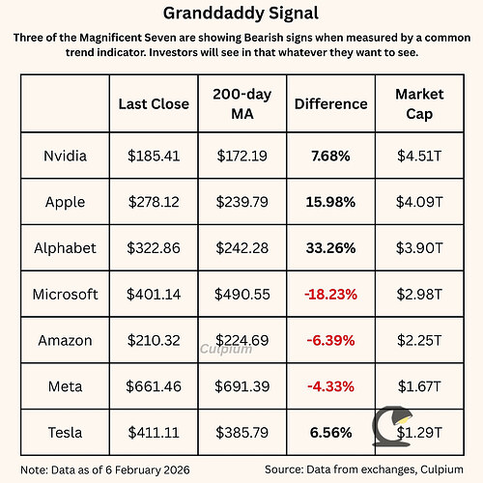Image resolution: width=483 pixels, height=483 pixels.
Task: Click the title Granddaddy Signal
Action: point(241,16)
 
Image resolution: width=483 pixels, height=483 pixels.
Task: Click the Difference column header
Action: point(330,103)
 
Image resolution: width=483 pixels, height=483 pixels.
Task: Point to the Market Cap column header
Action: point(418,102)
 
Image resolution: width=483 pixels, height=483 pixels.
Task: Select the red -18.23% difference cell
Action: point(330,294)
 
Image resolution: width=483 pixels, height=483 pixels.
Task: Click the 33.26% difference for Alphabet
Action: point(330,247)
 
